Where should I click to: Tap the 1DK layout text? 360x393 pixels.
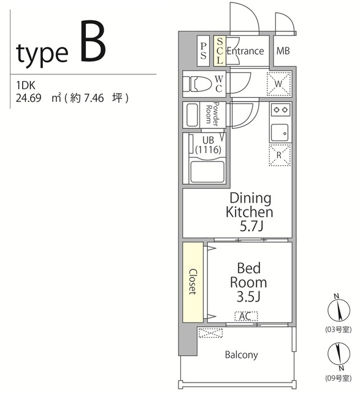click(x=26, y=85)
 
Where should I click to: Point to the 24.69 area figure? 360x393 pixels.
click(x=29, y=98)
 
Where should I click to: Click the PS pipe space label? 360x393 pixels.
click(x=203, y=51)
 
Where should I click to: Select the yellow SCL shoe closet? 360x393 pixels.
click(x=220, y=51)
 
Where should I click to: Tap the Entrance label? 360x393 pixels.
click(x=245, y=51)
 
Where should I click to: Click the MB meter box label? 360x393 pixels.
click(x=283, y=51)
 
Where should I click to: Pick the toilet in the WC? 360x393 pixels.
click(x=197, y=84)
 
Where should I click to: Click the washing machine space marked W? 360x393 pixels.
click(x=278, y=84)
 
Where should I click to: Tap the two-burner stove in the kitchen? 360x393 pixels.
click(x=280, y=109)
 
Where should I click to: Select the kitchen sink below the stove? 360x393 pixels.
click(x=280, y=133)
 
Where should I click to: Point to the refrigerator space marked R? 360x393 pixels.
click(x=280, y=155)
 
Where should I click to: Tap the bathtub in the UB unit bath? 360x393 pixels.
click(x=207, y=172)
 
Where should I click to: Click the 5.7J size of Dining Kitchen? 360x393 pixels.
click(x=251, y=227)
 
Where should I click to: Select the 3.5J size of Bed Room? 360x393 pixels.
click(x=248, y=297)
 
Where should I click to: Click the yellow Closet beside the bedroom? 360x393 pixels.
click(x=193, y=282)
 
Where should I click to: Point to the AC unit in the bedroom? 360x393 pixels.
click(x=246, y=316)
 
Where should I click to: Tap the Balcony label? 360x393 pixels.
click(x=242, y=355)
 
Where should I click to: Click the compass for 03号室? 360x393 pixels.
click(x=339, y=310)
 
